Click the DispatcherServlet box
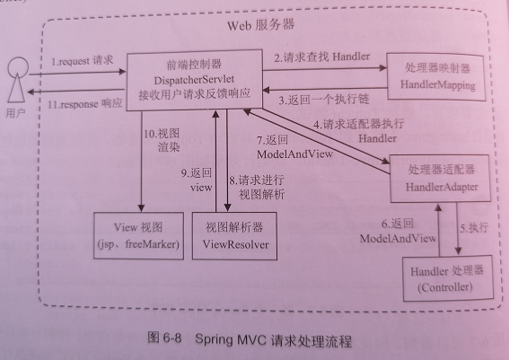(194, 80)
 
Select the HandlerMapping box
(436, 77)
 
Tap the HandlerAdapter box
(440, 179)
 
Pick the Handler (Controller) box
(448, 278)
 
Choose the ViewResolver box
(234, 236)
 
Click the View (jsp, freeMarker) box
(138, 236)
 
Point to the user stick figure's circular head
(18, 66)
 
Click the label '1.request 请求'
(83, 60)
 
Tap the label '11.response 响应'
(85, 104)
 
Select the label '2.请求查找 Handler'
(322, 57)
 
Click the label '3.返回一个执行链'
(324, 99)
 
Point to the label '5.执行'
(474, 227)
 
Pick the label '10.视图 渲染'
(162, 140)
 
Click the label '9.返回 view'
(197, 180)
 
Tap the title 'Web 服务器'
(260, 25)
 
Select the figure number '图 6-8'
(164, 338)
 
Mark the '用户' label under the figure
(15, 113)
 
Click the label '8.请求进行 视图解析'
(257, 187)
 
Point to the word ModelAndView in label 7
(294, 154)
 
